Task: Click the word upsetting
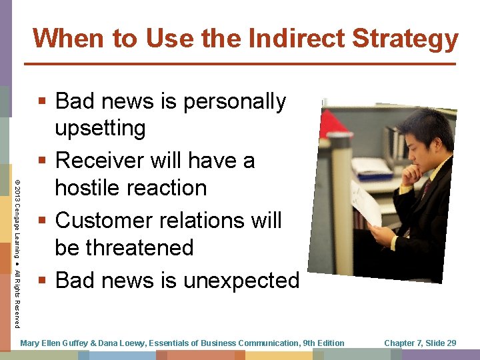point(100,127)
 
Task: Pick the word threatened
point(124,247)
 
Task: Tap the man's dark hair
point(427,127)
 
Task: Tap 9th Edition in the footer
point(323,343)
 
